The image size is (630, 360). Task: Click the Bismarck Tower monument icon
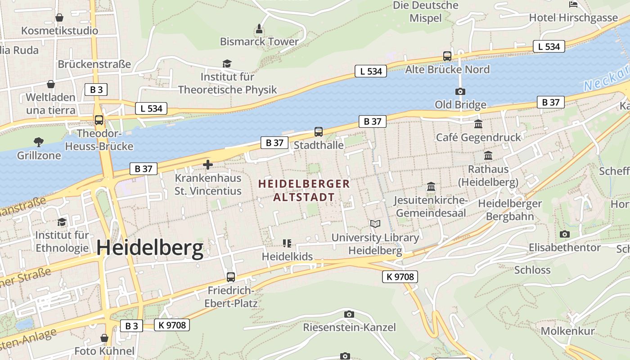259,29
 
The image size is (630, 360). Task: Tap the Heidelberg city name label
150,248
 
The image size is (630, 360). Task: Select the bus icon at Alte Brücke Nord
447,56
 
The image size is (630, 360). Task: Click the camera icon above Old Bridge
460,91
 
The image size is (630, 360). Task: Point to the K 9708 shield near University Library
400,276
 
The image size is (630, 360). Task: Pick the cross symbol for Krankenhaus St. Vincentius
207,165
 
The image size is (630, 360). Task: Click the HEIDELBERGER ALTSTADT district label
304,190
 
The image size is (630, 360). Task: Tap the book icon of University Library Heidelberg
375,224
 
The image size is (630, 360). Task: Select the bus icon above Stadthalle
319,132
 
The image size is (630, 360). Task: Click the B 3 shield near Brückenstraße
96,90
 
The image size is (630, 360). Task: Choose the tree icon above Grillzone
39,142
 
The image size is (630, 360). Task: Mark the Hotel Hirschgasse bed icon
573,4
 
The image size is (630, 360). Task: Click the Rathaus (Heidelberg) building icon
488,156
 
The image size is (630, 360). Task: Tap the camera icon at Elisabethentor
564,234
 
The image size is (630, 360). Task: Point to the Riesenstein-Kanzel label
349,327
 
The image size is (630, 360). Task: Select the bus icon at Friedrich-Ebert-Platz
231,277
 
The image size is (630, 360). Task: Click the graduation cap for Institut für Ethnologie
62,222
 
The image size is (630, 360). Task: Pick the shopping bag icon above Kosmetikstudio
59,18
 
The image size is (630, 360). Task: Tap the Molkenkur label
567,331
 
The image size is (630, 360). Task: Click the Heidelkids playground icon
287,243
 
